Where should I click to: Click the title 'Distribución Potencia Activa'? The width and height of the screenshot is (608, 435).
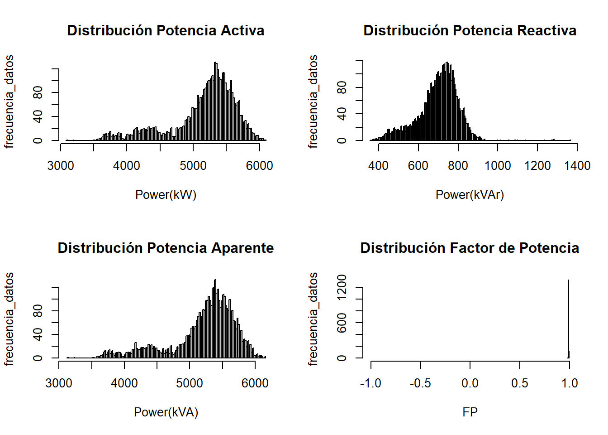point(166,30)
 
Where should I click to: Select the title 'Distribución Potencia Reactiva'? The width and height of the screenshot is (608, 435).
point(470,30)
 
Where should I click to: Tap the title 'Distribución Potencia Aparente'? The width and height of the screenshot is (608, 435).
point(166,248)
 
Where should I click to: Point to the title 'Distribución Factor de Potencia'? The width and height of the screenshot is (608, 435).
point(470,248)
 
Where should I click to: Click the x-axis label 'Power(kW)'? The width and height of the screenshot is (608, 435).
point(166,195)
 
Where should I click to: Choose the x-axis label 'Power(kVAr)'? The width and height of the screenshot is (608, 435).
point(470,195)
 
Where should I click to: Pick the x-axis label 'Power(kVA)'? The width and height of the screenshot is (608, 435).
point(166,412)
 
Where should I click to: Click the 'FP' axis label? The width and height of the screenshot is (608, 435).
point(470,412)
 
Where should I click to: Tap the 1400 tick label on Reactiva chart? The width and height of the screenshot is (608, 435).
point(577,166)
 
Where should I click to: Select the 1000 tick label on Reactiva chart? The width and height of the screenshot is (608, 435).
point(498,166)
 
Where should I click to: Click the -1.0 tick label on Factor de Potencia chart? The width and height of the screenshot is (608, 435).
point(370,383)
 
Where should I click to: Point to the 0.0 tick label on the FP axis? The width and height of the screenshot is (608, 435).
point(470,383)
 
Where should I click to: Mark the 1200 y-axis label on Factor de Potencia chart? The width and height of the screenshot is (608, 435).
point(342,287)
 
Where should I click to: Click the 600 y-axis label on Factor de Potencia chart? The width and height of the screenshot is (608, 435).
point(342,323)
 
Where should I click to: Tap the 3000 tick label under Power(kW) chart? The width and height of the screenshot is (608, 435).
point(61,166)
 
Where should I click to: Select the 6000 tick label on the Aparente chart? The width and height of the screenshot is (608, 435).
point(255,383)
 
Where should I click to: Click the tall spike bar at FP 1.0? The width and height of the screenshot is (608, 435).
point(569,317)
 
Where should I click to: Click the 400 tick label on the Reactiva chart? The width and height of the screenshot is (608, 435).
point(378,166)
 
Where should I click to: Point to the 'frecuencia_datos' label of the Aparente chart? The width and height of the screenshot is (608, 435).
point(9,319)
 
